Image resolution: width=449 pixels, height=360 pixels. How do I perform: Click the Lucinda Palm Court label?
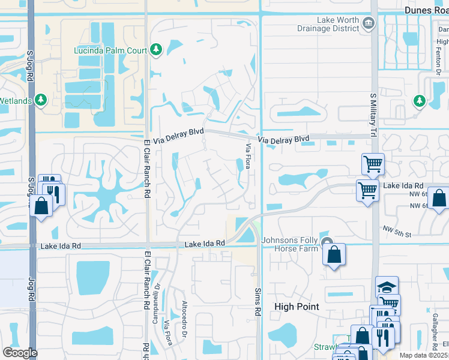coord(110,50)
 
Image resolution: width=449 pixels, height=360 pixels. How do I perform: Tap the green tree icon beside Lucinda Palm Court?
coord(156,49)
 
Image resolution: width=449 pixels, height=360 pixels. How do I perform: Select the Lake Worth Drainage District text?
coord(328,23)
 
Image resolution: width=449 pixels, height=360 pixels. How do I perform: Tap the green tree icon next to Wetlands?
coord(41,100)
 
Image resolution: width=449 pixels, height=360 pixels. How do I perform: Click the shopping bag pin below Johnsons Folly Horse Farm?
coord(334,255)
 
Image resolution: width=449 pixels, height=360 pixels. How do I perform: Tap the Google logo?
coord(20,353)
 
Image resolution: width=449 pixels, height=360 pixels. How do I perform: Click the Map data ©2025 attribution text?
coord(424,355)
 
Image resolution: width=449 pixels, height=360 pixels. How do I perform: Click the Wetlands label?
coord(16,101)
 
